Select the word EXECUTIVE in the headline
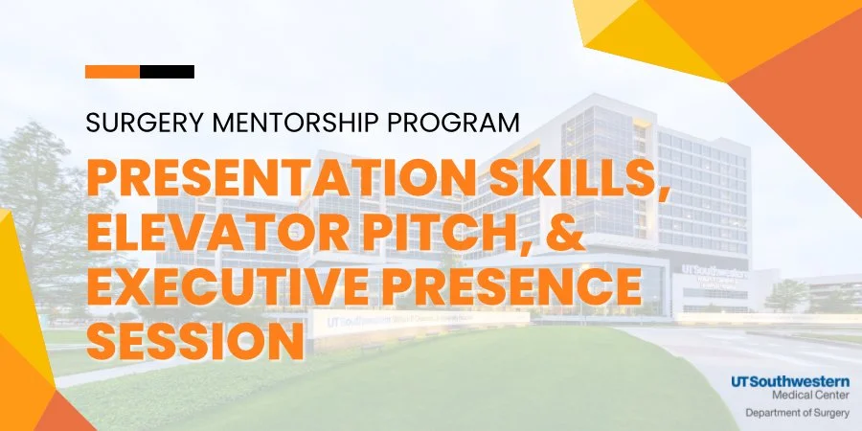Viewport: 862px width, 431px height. click(x=231, y=286)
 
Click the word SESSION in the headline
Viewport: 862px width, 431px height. click(x=195, y=339)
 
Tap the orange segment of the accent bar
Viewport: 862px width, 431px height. click(x=112, y=72)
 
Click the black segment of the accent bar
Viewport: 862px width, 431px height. click(x=168, y=72)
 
